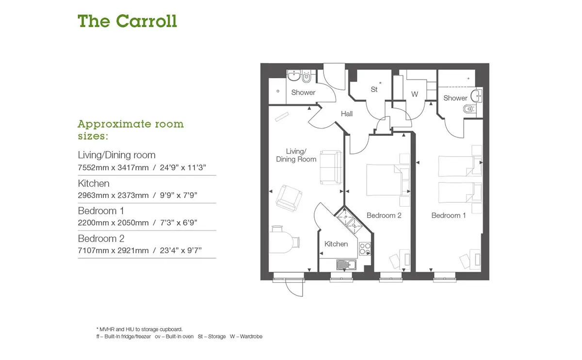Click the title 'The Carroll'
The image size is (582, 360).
tap(127, 21)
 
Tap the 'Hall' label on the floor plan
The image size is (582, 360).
tap(347, 114)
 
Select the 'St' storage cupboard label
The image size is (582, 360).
tap(374, 89)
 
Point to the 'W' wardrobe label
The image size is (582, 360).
tap(415, 94)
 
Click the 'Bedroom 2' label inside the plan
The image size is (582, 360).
tap(384, 215)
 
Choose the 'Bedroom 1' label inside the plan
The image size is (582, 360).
tap(449, 215)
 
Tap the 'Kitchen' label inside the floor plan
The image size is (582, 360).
tap(336, 244)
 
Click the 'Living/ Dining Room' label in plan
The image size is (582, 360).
tap(296, 155)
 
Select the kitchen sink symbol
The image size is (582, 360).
tap(346, 265)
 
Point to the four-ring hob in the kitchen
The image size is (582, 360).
tap(365, 249)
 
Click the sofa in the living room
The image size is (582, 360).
tap(331, 168)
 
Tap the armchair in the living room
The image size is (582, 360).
tap(289, 198)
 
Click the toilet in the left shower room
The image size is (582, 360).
tap(307, 77)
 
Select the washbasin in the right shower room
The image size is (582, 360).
tap(476, 96)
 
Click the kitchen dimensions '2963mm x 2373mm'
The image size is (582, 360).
tap(113, 195)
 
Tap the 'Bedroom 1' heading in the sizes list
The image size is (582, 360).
tap(101, 211)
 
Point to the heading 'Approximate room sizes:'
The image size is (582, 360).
tap(130, 130)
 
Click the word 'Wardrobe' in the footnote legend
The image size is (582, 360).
tap(251, 336)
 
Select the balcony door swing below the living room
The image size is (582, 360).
tap(294, 288)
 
